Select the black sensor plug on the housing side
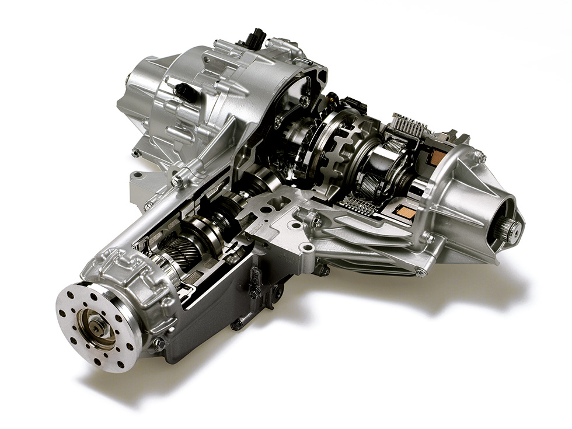click(x=185, y=92)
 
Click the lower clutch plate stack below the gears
click(x=358, y=204)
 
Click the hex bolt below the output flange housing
click(x=159, y=345)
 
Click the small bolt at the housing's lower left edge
click(x=136, y=154)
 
